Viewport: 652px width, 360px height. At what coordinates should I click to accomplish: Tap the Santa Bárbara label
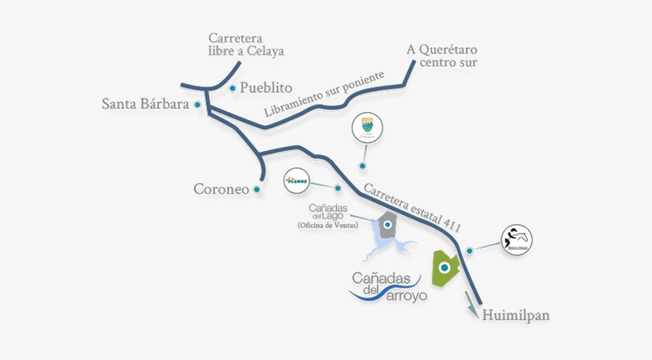click(x=145, y=104)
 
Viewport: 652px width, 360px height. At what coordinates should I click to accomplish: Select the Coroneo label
click(x=219, y=189)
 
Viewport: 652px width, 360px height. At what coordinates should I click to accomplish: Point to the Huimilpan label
click(x=515, y=315)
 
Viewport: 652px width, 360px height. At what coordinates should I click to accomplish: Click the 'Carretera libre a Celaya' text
click(x=246, y=45)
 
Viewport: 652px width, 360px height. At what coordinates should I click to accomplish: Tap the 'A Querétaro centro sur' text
click(x=442, y=56)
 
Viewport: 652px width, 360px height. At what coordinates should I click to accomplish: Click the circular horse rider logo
click(x=516, y=239)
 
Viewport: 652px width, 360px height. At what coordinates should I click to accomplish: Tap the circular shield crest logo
click(x=367, y=127)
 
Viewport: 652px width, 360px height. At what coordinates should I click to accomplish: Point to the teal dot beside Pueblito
click(x=232, y=87)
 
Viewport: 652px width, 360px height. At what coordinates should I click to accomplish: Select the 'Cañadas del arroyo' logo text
click(x=388, y=286)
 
